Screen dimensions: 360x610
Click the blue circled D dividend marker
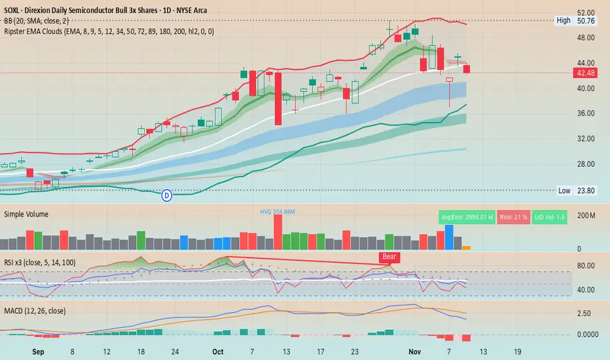tap(167, 194)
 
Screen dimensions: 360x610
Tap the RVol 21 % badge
tap(514, 217)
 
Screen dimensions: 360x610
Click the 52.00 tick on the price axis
tap(587, 12)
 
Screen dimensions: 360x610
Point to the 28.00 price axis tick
tap(587, 164)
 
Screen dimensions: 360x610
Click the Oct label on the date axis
tap(217, 351)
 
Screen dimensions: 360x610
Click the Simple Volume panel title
tap(26, 214)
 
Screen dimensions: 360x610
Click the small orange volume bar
tap(467, 247)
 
